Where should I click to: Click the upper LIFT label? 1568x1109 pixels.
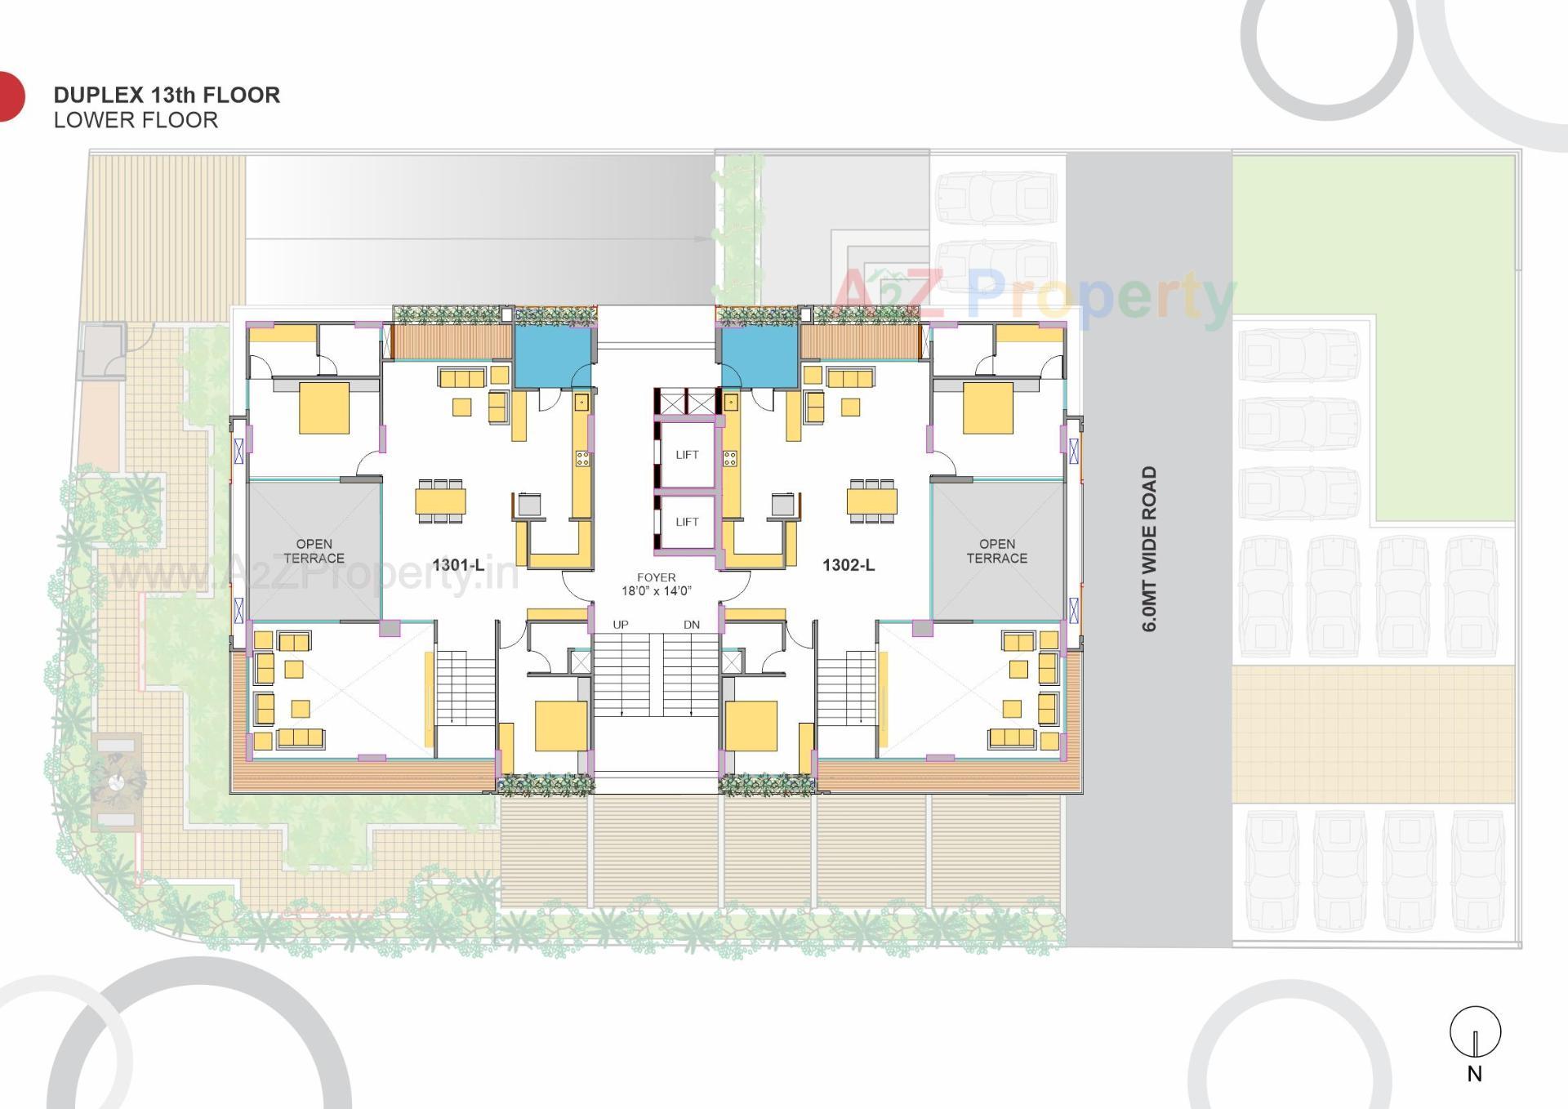point(687,455)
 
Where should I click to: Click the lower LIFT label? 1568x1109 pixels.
point(687,522)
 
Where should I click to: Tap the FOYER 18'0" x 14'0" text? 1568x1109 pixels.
point(656,584)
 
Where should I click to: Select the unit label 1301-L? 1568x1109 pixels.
point(457,565)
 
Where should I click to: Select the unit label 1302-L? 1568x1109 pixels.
point(848,565)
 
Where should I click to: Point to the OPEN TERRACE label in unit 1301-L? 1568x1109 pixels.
point(314,551)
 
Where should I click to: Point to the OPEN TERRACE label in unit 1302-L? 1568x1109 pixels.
point(996,551)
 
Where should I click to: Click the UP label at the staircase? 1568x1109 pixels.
point(621,625)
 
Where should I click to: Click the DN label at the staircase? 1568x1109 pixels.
point(691,625)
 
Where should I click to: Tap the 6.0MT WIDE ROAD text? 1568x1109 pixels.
point(1149,549)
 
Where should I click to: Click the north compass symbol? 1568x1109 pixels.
point(1475,1033)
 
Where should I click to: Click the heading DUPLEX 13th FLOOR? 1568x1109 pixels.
point(167,95)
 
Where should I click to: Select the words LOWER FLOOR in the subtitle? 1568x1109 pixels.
point(136,120)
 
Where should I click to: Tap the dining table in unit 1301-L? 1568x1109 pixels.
point(440,501)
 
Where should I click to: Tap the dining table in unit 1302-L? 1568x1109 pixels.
point(871,501)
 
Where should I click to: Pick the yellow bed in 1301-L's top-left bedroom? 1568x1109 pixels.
point(324,408)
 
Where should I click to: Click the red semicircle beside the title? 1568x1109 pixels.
point(10,96)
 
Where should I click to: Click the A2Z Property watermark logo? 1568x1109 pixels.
point(1033,296)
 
